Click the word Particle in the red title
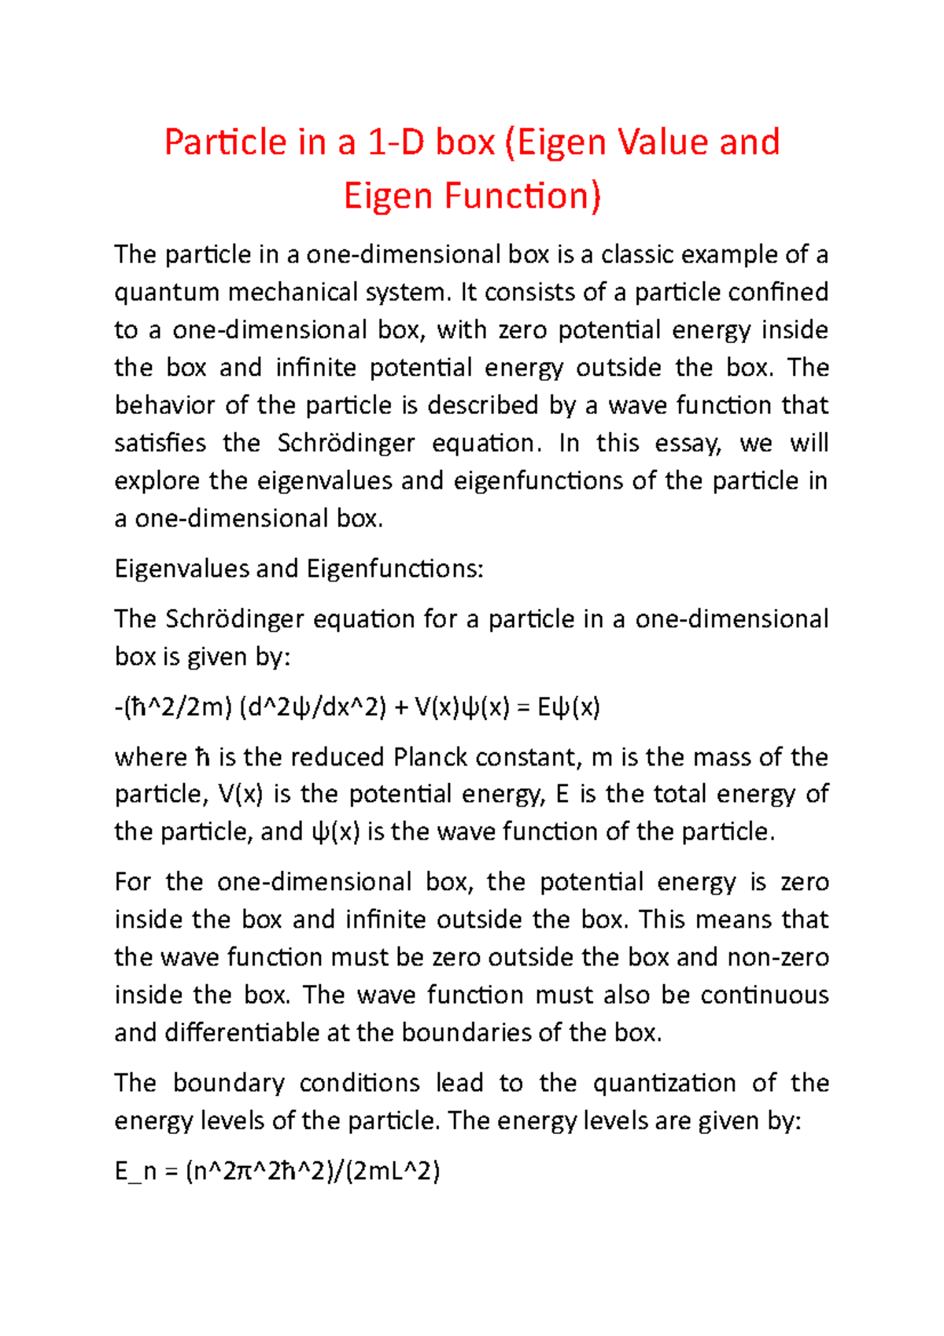(225, 143)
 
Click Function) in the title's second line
(522, 197)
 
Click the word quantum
(166, 293)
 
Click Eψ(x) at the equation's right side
(568, 707)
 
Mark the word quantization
(664, 1083)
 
